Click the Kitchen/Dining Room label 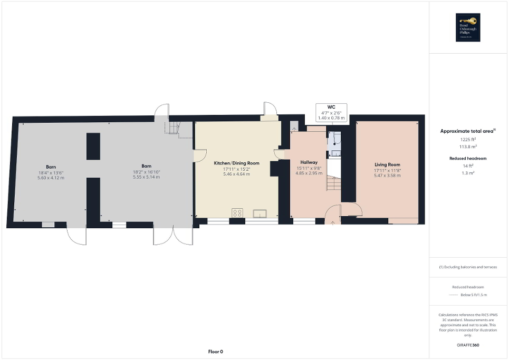point(237,163)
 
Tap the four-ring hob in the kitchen point(237,213)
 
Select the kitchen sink point(260,213)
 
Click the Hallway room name point(308,162)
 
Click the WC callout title point(331,107)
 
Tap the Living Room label point(387,164)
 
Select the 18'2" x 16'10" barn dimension point(147,171)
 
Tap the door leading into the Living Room point(352,210)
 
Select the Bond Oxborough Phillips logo point(466,27)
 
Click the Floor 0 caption point(215,352)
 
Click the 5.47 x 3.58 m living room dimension point(387,176)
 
